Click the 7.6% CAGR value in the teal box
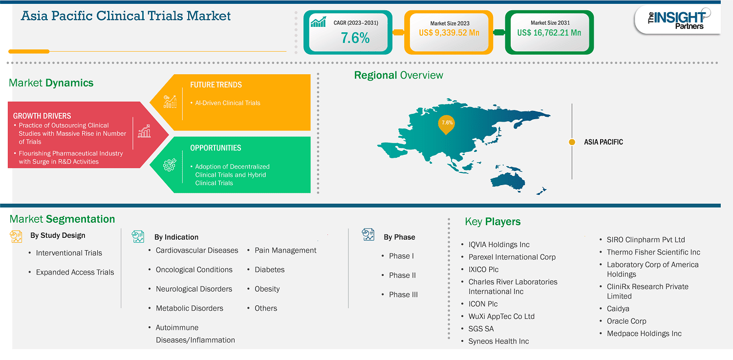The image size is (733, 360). tap(355, 38)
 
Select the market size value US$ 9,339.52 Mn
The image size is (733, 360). tap(449, 33)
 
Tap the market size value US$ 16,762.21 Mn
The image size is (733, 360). tap(549, 33)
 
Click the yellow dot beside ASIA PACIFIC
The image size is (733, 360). tap(572, 142)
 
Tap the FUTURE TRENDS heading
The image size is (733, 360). tap(216, 85)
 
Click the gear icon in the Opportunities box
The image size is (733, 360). tap(170, 165)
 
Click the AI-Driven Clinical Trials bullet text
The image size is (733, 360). tap(228, 103)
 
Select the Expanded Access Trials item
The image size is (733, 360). tap(75, 272)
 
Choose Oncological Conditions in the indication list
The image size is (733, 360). tap(194, 270)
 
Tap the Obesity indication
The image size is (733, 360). tap(267, 289)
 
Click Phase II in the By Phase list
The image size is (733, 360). tap(402, 275)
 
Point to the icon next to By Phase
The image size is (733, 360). tap(368, 234)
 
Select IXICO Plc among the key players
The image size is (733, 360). tap(483, 270)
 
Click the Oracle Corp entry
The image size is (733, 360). tap(626, 321)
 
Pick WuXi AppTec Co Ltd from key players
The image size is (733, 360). tap(501, 316)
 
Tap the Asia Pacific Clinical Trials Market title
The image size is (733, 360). tap(126, 16)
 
